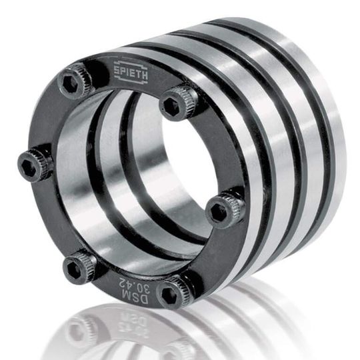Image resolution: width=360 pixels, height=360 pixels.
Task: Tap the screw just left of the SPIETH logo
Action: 76,81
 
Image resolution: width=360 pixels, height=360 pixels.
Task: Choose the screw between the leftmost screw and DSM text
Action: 79,267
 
